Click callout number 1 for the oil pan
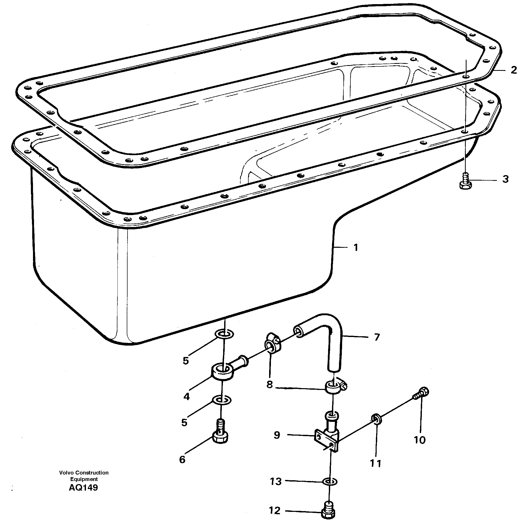point(356,248)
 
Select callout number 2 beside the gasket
point(514,70)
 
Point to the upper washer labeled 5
point(224,334)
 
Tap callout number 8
point(270,384)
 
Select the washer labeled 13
point(330,482)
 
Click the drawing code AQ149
point(83,488)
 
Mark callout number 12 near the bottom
point(275,510)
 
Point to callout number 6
point(182,459)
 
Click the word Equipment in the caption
point(84,479)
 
